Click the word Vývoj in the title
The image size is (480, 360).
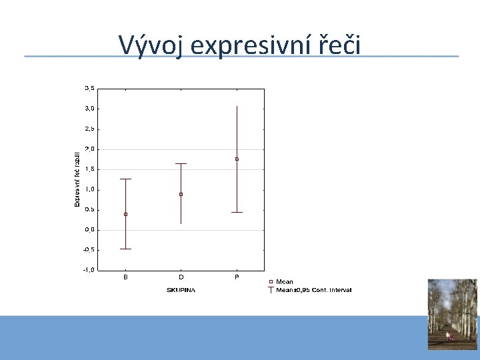(150, 45)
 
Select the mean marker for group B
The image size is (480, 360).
(125, 214)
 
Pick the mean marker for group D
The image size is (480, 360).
(181, 194)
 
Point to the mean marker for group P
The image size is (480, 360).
(237, 159)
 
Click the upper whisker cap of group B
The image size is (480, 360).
(125, 179)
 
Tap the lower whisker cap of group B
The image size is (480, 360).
(125, 249)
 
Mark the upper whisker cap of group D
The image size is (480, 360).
(181, 163)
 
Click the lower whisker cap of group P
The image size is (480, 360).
(237, 212)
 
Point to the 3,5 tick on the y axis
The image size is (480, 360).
(89, 88)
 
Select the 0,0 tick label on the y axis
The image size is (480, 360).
(89, 229)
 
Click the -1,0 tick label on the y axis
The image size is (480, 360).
(89, 270)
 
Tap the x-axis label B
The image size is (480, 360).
(125, 277)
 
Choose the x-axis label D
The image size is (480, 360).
(181, 277)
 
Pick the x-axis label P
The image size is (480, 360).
(237, 277)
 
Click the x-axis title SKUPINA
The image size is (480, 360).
(181, 290)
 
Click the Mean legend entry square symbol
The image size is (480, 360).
(270, 282)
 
